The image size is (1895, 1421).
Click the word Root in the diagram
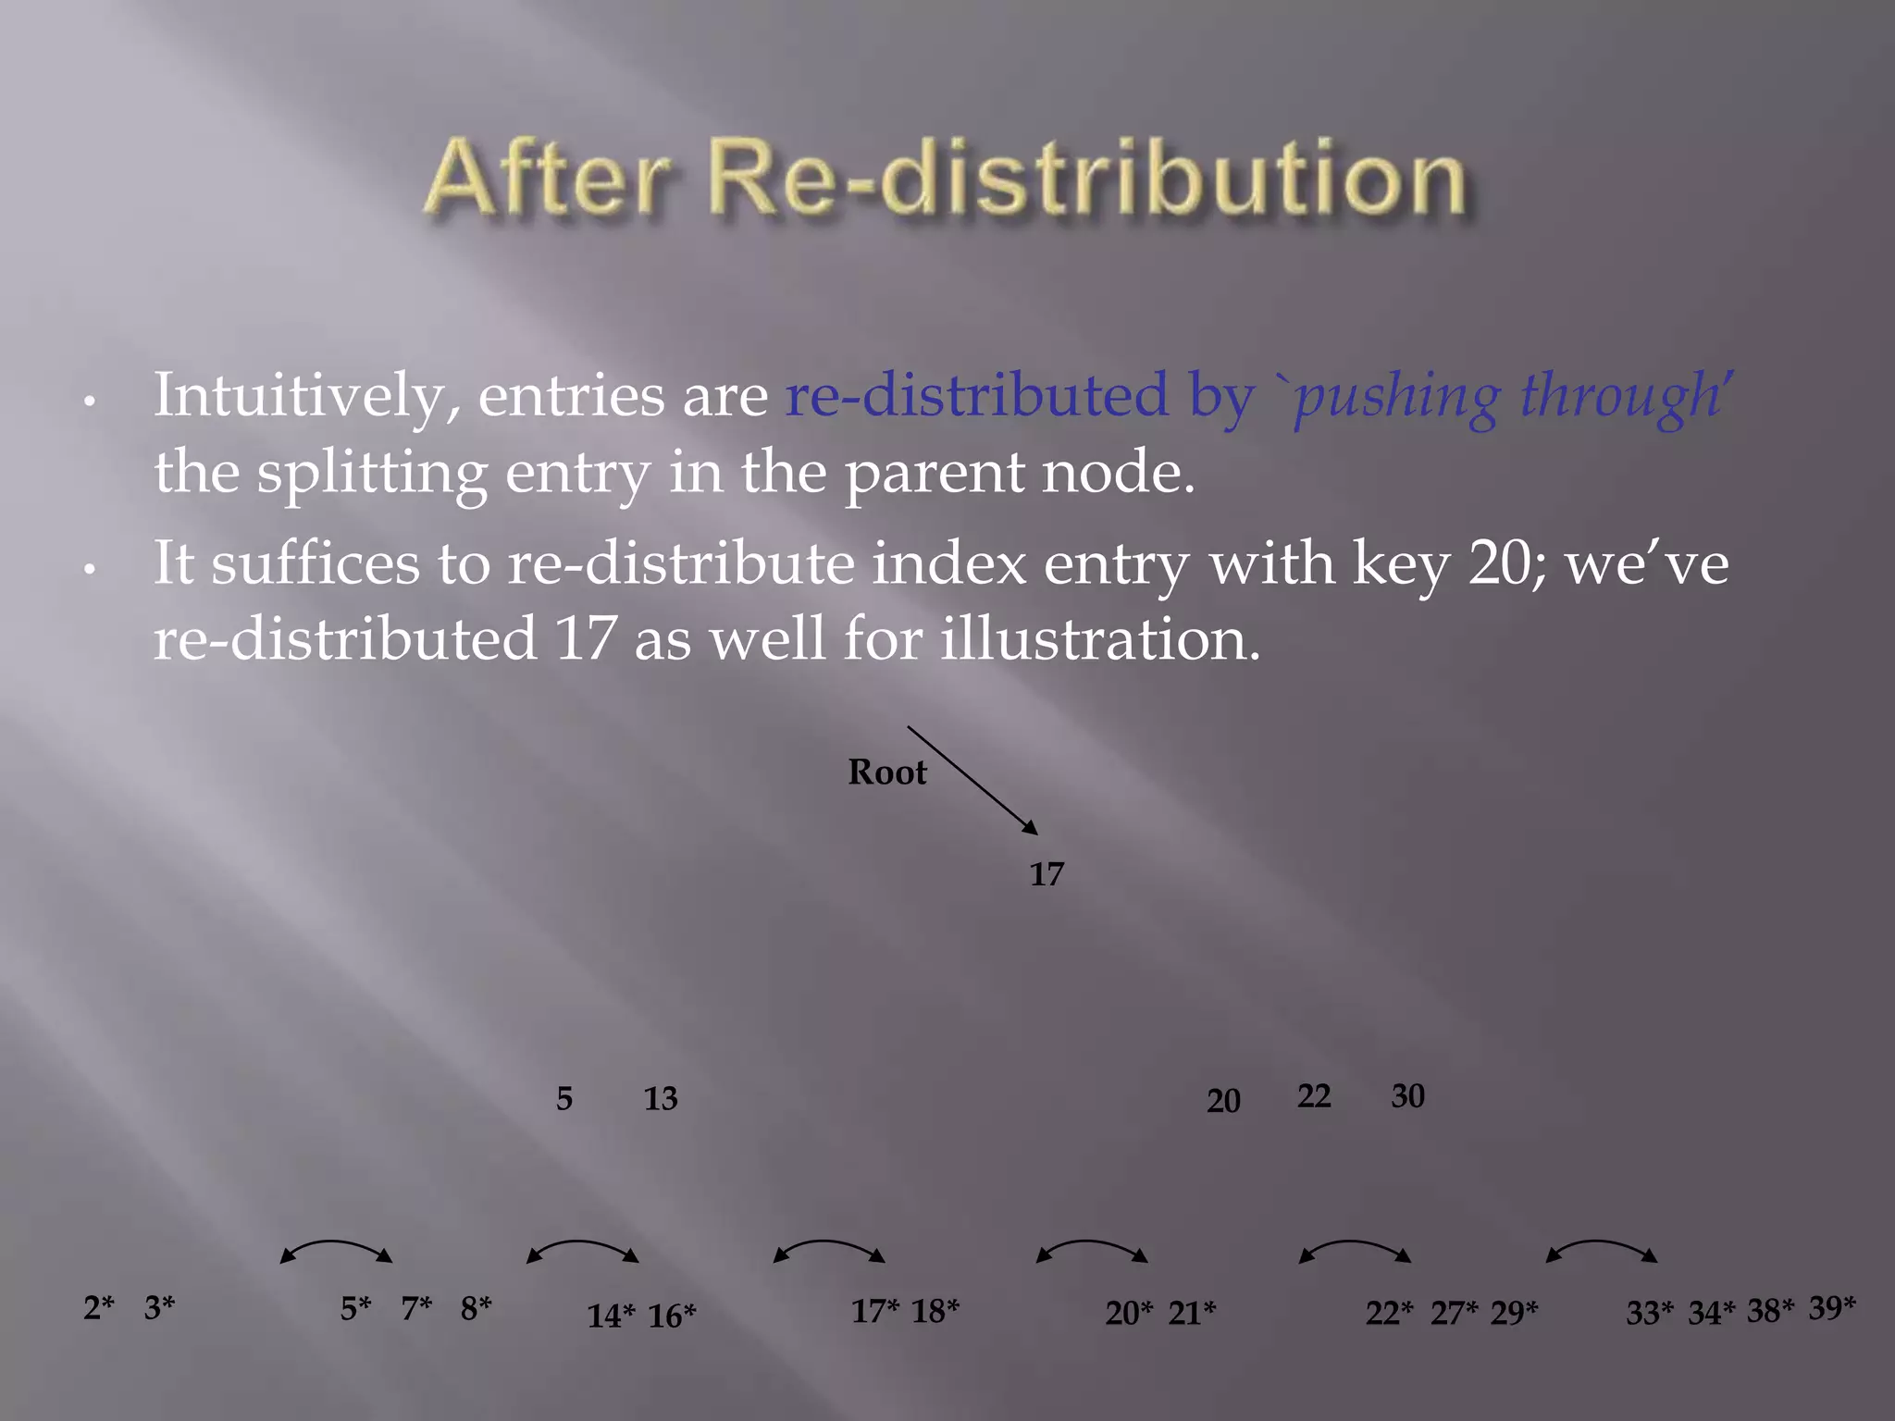(x=886, y=772)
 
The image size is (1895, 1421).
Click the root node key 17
(x=1047, y=874)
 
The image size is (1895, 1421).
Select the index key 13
(x=661, y=1099)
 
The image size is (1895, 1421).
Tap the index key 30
(x=1407, y=1096)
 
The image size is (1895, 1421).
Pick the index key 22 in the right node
(x=1314, y=1096)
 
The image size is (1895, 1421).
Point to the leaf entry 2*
(x=98, y=1308)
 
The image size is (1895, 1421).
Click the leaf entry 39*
(x=1832, y=1308)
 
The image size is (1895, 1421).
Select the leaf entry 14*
(x=611, y=1316)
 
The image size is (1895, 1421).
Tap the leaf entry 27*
(x=1454, y=1313)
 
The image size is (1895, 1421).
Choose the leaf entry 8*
(x=476, y=1308)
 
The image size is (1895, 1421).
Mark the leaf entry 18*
(x=935, y=1311)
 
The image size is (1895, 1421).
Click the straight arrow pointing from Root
(x=972, y=780)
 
